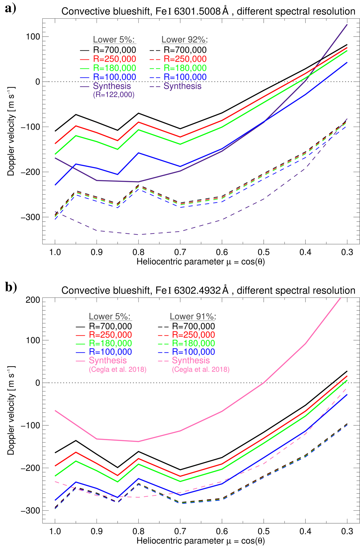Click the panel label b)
click(11, 287)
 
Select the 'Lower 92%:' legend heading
click(184, 40)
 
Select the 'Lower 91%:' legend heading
click(193, 316)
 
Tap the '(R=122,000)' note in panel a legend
click(114, 95)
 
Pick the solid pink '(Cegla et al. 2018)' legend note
click(118, 369)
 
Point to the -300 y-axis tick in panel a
click(30, 217)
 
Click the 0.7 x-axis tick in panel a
click(180, 252)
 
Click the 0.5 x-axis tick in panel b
click(264, 531)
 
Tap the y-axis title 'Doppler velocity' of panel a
click(11, 131)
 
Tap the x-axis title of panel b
click(200, 541)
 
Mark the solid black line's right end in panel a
click(347, 45)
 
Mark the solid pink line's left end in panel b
click(55, 411)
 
